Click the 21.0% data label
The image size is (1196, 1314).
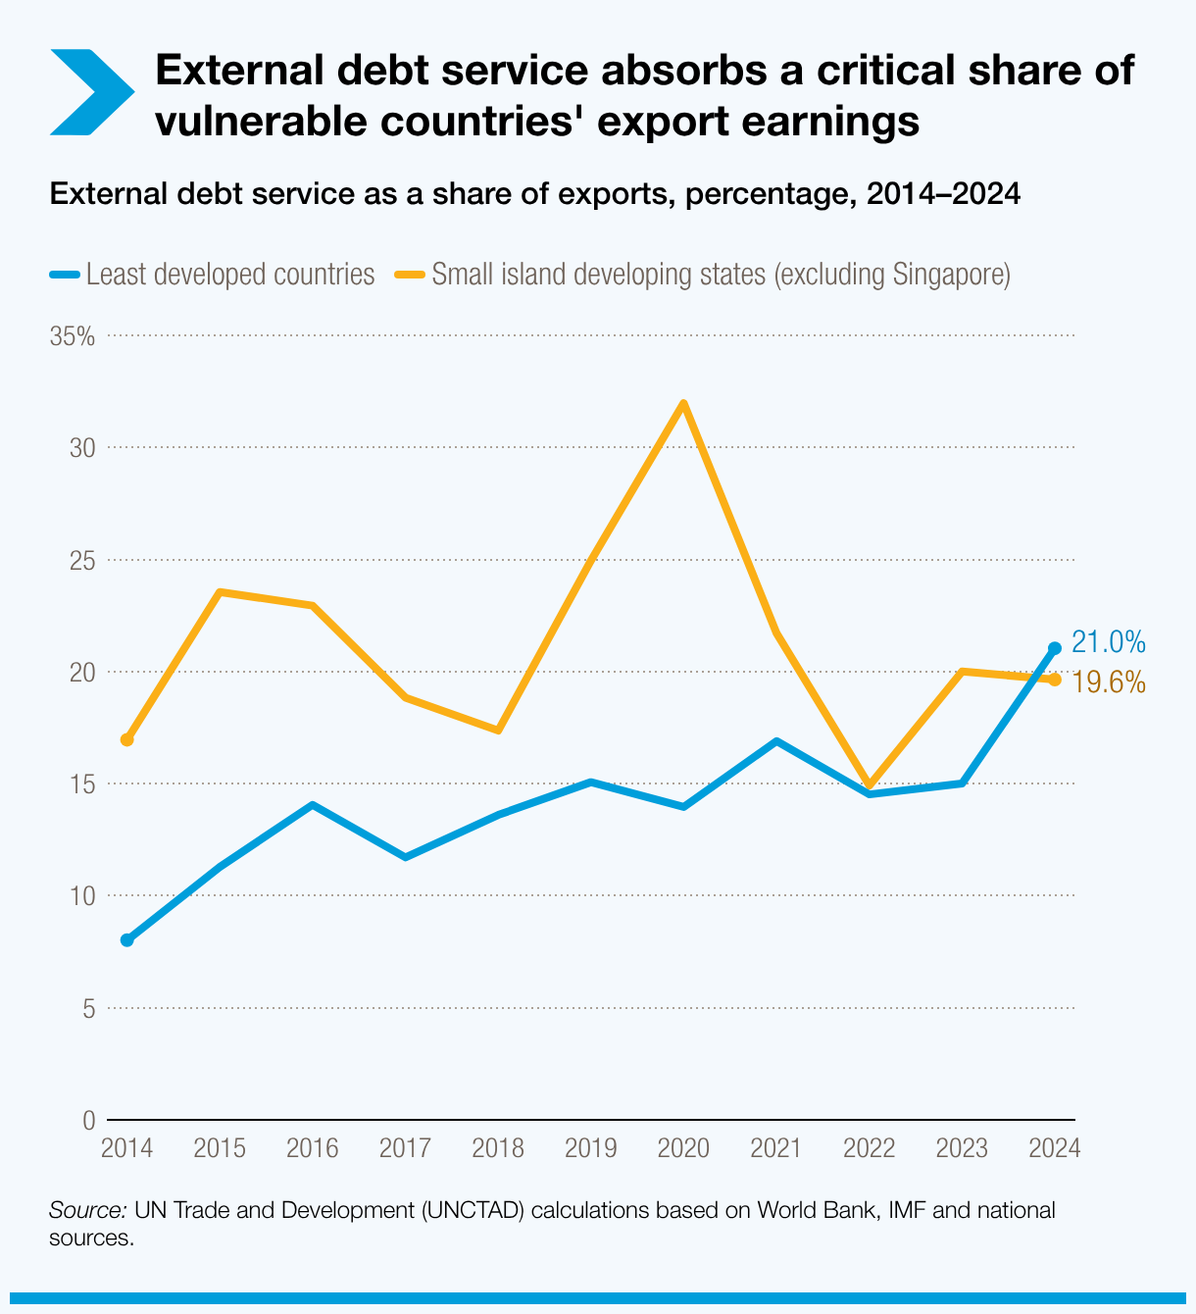pos(1108,642)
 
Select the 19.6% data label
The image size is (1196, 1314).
pos(1108,682)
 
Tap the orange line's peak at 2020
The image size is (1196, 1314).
pos(683,403)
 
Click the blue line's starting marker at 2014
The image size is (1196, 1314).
pos(126,940)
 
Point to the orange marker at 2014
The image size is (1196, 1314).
pos(126,739)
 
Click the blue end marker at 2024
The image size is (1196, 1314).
pos(1055,648)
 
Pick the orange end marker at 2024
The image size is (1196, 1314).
pos(1055,680)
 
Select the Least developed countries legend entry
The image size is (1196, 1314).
pos(213,274)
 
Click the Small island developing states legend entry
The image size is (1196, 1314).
pos(702,274)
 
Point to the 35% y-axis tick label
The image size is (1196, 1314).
pos(73,336)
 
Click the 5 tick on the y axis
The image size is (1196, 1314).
pos(88,1008)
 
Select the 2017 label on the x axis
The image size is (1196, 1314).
pos(405,1148)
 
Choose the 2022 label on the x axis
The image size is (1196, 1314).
pos(869,1148)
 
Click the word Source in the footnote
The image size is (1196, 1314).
pos(87,1210)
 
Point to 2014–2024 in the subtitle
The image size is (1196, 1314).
pos(944,194)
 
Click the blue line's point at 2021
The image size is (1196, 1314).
pos(776,741)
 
